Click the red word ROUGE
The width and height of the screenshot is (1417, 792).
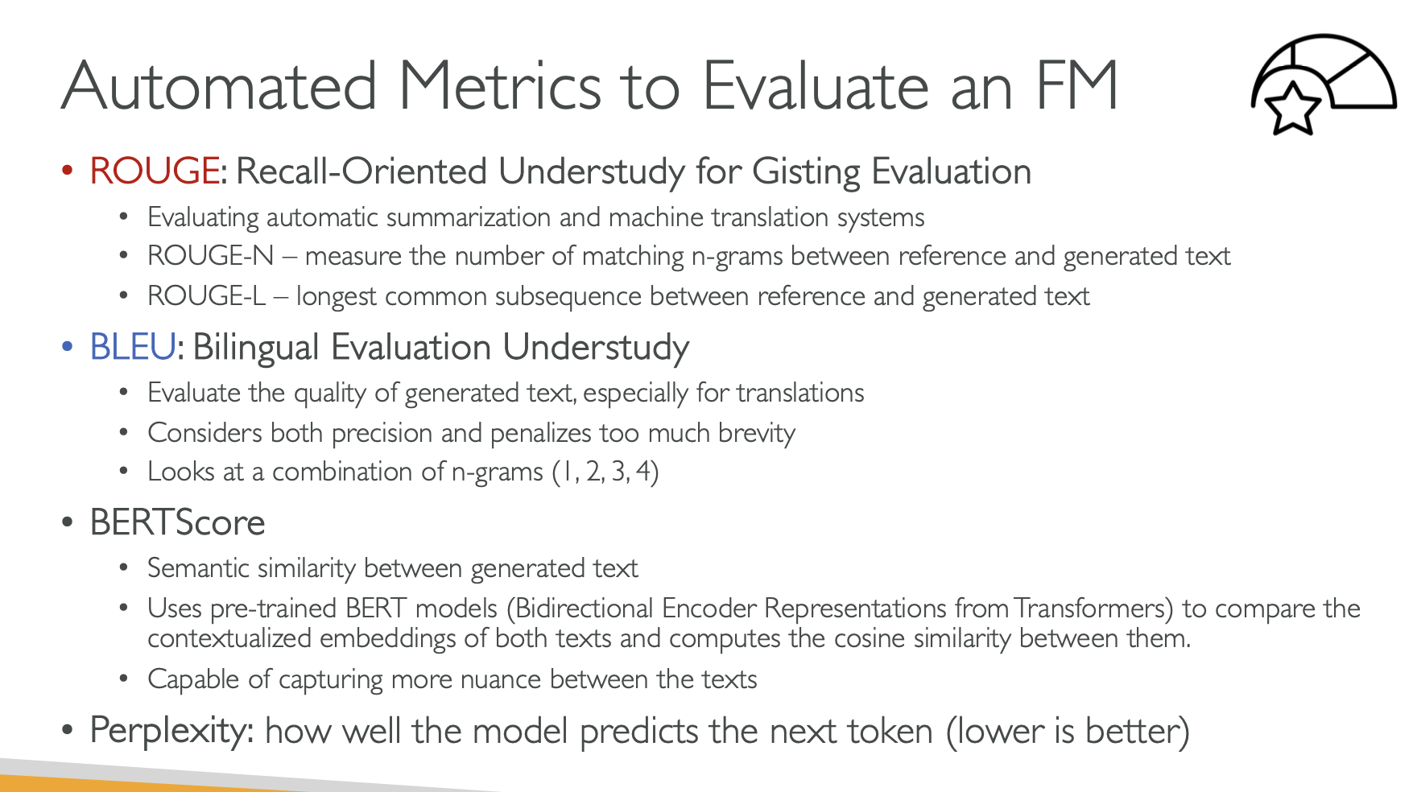[x=155, y=171]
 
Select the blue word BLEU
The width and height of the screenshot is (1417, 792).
[x=133, y=347]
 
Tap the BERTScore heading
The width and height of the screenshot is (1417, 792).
[x=178, y=523]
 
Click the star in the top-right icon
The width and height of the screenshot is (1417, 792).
[x=1293, y=107]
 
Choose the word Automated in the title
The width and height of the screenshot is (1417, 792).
[x=220, y=85]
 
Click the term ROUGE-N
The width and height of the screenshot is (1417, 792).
[x=211, y=256]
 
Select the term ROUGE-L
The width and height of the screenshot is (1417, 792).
[x=207, y=296]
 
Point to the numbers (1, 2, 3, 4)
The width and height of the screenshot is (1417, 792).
[x=605, y=472]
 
